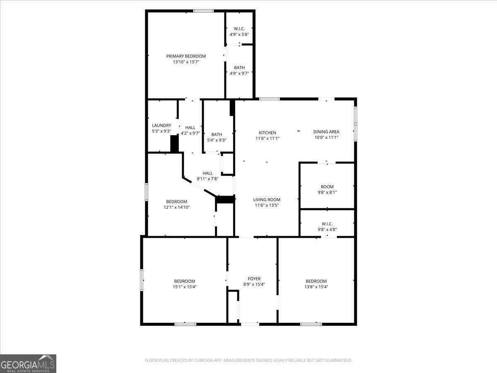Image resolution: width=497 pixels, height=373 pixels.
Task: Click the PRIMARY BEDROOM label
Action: (186, 56)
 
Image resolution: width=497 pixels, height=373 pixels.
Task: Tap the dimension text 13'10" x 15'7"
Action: (186, 62)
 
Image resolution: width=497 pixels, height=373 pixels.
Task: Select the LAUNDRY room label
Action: (162, 126)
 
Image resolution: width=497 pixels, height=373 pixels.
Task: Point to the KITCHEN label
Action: (268, 133)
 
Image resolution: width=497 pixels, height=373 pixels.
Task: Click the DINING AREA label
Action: (326, 132)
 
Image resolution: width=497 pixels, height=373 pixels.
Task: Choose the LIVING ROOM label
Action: (267, 199)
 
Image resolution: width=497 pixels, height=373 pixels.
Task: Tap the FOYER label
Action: (254, 279)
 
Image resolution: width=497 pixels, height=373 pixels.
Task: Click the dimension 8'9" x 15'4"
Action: (254, 284)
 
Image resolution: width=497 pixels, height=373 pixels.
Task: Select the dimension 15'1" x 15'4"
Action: (184, 287)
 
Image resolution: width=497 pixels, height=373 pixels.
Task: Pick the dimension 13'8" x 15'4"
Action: (316, 287)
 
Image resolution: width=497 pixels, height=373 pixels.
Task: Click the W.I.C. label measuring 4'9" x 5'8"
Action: (239, 29)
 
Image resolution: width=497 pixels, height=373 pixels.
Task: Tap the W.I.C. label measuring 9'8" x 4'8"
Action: (327, 224)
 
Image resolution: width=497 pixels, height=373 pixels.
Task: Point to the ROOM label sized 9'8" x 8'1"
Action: (327, 187)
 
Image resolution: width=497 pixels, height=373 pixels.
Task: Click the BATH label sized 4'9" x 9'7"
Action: (239, 68)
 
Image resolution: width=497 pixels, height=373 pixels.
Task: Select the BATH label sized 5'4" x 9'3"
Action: (217, 134)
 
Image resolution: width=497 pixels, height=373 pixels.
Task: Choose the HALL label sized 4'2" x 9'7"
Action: (191, 128)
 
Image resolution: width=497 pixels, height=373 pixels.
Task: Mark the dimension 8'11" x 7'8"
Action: (207, 179)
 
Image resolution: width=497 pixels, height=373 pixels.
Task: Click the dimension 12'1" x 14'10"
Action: (177, 207)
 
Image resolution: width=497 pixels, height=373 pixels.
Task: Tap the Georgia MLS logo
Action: (28, 363)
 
